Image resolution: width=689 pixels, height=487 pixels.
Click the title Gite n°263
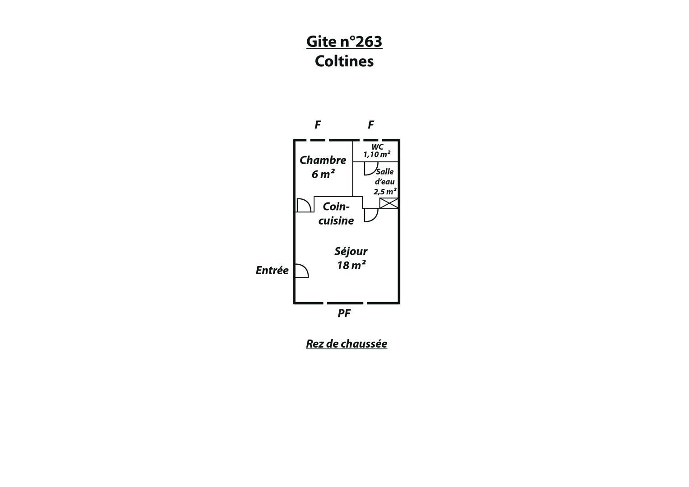click(x=344, y=41)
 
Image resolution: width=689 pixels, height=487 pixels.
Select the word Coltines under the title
click(x=344, y=61)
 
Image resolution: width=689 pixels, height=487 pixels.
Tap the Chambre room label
click(x=323, y=160)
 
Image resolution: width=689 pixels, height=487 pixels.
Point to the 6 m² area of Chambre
click(x=323, y=175)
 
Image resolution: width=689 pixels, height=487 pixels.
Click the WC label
click(x=377, y=147)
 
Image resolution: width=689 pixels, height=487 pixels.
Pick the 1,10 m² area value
click(x=377, y=154)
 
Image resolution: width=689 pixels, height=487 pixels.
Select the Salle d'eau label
click(x=384, y=176)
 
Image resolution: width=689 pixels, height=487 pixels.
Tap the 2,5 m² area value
click(x=385, y=192)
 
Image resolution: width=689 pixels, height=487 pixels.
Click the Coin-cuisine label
click(x=336, y=214)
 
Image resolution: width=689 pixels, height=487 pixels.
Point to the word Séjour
click(x=351, y=252)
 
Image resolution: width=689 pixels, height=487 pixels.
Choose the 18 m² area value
click(x=351, y=265)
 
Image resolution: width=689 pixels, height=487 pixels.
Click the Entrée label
click(x=272, y=271)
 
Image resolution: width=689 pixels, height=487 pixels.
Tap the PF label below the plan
click(x=344, y=313)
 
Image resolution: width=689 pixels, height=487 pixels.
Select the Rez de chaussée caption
click(x=347, y=344)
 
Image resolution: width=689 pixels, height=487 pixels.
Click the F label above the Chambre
click(x=318, y=125)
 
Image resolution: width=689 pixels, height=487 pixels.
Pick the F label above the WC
click(x=371, y=125)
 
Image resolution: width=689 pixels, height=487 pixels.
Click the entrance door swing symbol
click(x=302, y=271)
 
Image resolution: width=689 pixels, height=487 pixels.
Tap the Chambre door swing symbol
click(x=305, y=205)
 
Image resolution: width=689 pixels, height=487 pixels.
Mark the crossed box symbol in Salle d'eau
click(x=389, y=203)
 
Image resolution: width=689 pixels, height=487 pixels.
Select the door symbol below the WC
click(x=371, y=169)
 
